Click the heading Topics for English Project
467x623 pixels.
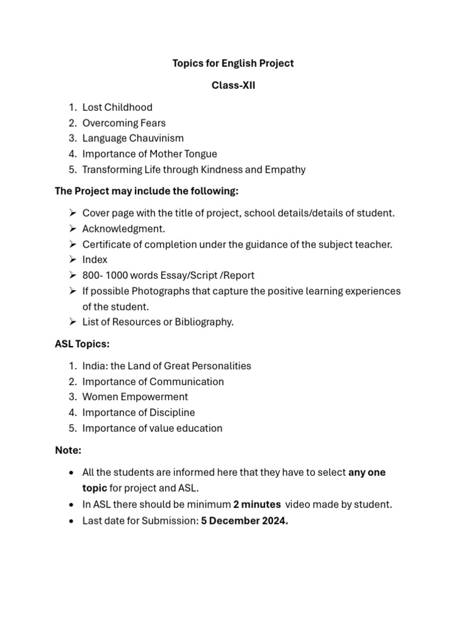tap(233, 63)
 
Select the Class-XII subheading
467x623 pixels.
tap(233, 86)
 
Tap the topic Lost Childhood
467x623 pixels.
tap(117, 107)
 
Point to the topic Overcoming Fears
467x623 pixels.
tap(124, 123)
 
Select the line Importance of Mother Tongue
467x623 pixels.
tap(150, 154)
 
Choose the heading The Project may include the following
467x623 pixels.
tap(147, 191)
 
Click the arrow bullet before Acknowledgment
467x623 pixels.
tap(72, 229)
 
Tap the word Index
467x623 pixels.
tap(95, 260)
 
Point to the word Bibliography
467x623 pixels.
tap(204, 322)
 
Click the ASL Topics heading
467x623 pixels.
tap(82, 344)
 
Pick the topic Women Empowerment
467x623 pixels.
tap(135, 397)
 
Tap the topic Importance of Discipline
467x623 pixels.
tap(139, 412)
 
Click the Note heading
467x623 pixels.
tap(68, 450)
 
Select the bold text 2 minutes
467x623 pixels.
tap(257, 504)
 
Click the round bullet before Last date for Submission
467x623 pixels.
tap(73, 521)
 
